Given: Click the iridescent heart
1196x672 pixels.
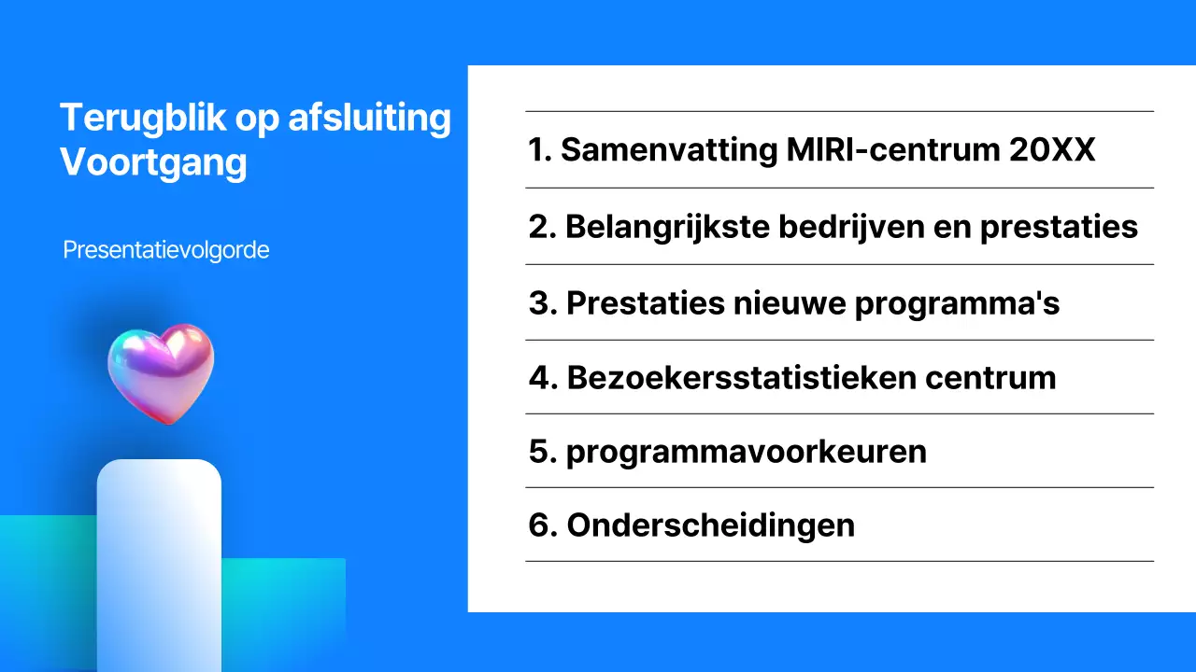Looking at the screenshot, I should point(161,372).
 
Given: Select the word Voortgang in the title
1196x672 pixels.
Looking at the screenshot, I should point(153,162).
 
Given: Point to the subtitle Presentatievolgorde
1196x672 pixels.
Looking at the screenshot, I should point(166,250).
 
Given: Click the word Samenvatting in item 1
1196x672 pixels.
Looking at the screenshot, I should point(668,150).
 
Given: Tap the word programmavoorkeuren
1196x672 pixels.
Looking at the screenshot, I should point(747,452).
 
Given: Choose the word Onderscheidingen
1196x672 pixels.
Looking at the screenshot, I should point(710,525).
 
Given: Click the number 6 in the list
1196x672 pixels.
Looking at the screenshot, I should point(539,525).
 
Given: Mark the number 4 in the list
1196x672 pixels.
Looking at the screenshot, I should point(540,378).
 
